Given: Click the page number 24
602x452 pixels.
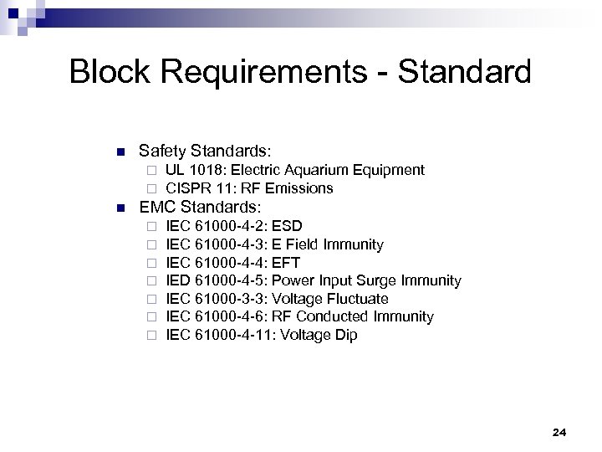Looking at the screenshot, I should point(560,433).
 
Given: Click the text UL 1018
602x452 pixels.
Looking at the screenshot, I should point(194,171).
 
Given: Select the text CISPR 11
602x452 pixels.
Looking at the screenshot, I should point(199,188).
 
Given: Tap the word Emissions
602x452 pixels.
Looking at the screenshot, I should point(298,188).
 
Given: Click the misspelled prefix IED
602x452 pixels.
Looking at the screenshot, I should point(178,281).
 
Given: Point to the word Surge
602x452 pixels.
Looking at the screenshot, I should point(376,281).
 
